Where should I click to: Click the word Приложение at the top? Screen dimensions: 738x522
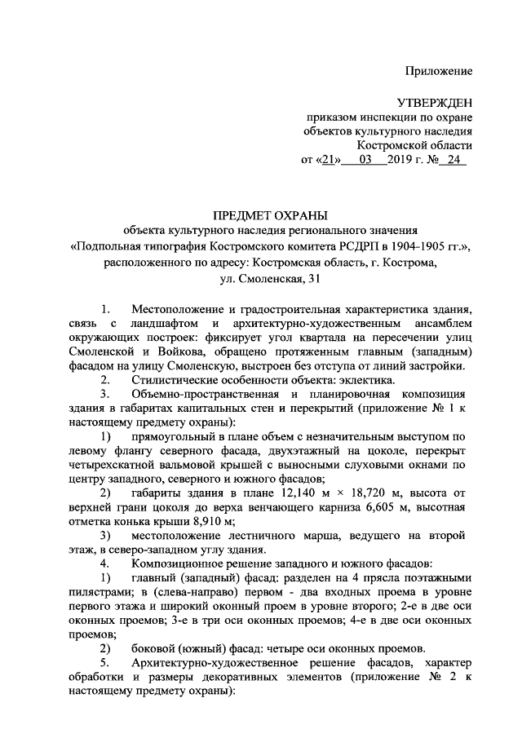440,71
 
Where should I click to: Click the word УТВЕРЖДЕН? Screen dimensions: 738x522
434,102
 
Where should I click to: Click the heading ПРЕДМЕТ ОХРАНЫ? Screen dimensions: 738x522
270,215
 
